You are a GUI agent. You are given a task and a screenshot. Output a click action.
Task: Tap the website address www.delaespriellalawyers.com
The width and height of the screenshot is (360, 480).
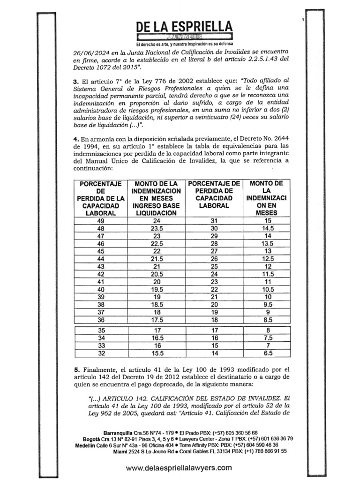(x=180, y=467)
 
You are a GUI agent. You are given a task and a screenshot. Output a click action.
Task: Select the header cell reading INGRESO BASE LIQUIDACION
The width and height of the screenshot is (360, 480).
(x=157, y=209)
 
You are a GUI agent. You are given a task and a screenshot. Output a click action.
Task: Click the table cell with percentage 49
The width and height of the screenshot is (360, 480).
(x=101, y=221)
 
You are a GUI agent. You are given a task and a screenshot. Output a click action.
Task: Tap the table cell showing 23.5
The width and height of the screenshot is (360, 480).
(x=157, y=228)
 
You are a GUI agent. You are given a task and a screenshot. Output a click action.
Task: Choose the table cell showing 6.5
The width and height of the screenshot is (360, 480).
(x=268, y=353)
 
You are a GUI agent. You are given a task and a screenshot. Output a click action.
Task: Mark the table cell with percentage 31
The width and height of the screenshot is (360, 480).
(x=214, y=221)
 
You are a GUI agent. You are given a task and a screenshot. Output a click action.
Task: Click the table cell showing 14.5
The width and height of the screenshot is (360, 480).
(x=268, y=228)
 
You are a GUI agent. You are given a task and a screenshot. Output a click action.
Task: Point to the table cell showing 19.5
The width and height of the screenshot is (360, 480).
(x=157, y=289)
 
